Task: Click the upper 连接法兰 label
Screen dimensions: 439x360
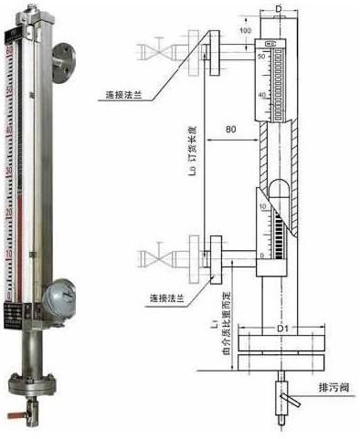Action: [x=122, y=93]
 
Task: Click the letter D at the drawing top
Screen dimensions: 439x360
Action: [x=277, y=7]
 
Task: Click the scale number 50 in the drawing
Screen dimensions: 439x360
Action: [x=262, y=57]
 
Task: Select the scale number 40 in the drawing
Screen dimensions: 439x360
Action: [x=263, y=94]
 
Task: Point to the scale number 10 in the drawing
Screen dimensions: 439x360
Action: [x=263, y=208]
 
